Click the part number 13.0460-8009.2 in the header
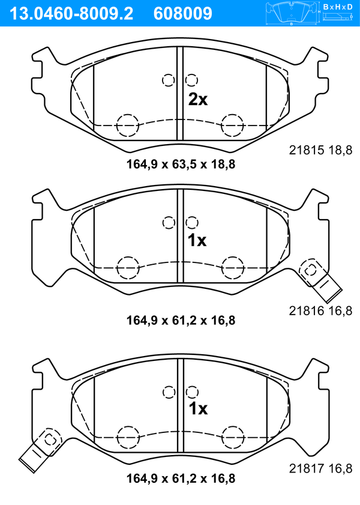71,14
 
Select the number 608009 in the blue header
183,14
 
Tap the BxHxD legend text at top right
338,7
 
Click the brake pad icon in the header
292,13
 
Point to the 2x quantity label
198,100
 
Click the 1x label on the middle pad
197,240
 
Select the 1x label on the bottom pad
198,409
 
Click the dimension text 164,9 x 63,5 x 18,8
181,165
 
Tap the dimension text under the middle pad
181,321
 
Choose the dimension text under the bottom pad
181,478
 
